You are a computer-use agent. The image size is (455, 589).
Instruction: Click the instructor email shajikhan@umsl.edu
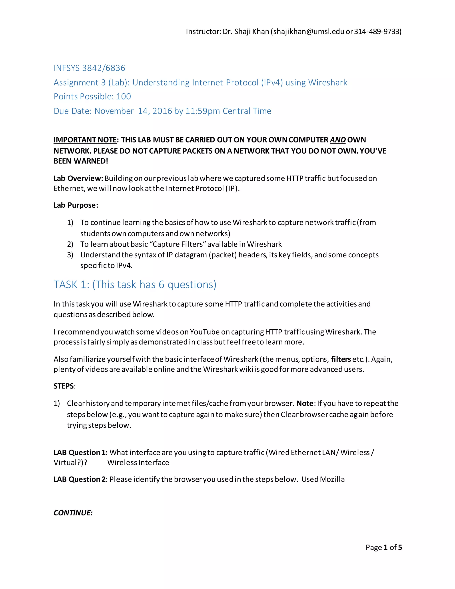[x=309, y=32]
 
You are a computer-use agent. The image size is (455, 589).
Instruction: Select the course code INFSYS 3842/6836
[x=90, y=68]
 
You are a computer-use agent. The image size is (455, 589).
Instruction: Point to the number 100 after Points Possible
[x=124, y=96]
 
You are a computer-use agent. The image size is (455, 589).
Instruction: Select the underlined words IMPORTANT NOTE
[x=85, y=140]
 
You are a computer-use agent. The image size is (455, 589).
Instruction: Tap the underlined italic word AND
[x=337, y=140]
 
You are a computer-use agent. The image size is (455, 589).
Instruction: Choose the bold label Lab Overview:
[x=78, y=178]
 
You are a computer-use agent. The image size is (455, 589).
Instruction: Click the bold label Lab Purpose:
[x=76, y=205]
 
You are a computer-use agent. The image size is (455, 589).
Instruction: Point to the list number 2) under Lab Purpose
[x=70, y=244]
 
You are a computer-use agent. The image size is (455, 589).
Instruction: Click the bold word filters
[x=341, y=359]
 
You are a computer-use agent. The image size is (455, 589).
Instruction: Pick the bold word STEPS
[x=64, y=386]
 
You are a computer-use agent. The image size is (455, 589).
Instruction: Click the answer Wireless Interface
[x=138, y=463]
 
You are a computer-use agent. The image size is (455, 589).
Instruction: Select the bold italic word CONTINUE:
[x=73, y=513]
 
